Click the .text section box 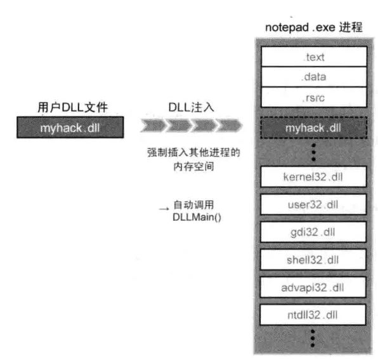point(314,57)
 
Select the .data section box point(314,77)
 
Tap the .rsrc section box point(314,97)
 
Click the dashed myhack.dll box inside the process point(314,128)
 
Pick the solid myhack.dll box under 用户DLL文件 point(70,128)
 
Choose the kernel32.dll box point(313,177)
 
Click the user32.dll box point(313,204)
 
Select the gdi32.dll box point(313,232)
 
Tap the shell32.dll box point(313,260)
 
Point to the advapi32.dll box point(313,287)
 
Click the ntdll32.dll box point(313,315)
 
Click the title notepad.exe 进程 point(314,27)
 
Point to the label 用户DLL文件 point(72,107)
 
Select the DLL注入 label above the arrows point(191,107)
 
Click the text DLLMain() point(197,217)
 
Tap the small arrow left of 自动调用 point(164,209)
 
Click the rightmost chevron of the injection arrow point(229,125)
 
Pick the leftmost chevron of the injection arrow point(153,125)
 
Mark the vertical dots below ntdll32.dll point(313,338)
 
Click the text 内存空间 point(193,166)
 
